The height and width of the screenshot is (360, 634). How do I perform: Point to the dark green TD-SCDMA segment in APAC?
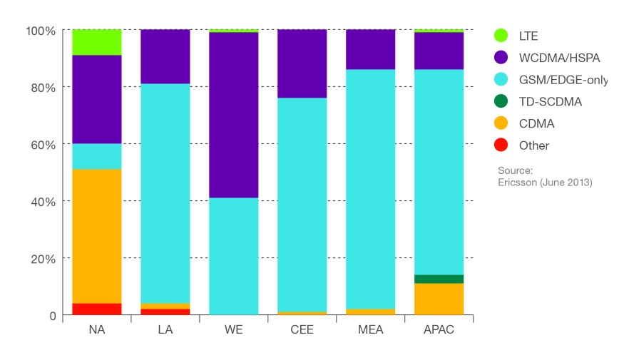434,279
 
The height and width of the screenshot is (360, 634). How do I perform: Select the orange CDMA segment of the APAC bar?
434,299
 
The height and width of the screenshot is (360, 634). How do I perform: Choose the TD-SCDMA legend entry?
551,102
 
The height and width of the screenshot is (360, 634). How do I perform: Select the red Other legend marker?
501,145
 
